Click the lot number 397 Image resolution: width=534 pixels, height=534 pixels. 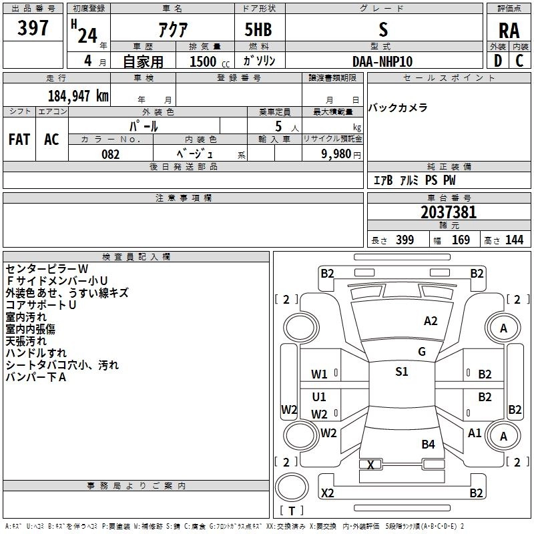point(33,28)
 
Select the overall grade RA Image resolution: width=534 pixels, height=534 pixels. point(509,31)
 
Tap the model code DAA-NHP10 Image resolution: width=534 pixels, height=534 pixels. point(382,61)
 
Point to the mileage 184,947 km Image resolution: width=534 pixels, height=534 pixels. point(78,95)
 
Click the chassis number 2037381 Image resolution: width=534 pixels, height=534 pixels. point(449,212)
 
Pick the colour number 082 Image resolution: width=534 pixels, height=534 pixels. point(110,154)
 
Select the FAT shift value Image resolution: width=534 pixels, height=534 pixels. point(19,140)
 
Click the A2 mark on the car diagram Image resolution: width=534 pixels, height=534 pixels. point(431,321)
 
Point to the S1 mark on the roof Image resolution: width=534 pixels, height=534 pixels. point(401,372)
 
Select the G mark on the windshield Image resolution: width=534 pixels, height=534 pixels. point(422,352)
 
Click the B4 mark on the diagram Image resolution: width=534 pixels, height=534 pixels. point(428,444)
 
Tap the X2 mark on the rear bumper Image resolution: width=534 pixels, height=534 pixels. point(327,493)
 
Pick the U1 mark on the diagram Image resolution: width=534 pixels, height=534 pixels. point(319,396)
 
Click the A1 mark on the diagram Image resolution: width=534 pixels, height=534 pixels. point(475,433)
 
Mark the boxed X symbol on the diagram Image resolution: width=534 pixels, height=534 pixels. point(370,465)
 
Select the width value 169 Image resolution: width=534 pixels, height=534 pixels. point(461,240)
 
